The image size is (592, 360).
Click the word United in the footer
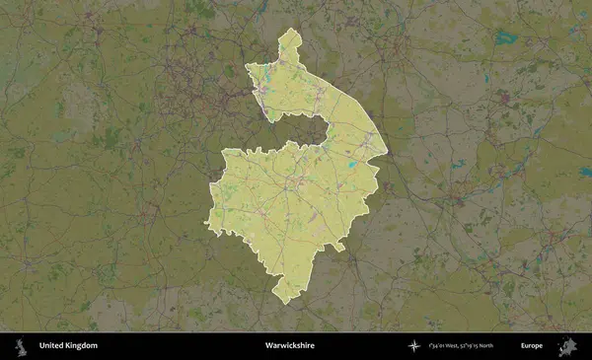(52, 346)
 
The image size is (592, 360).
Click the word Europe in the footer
(532, 346)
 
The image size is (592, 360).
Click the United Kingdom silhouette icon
(21, 346)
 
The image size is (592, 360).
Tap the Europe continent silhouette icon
(568, 346)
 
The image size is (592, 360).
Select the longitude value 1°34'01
(440, 346)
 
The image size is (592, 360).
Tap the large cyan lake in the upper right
(507, 39)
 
